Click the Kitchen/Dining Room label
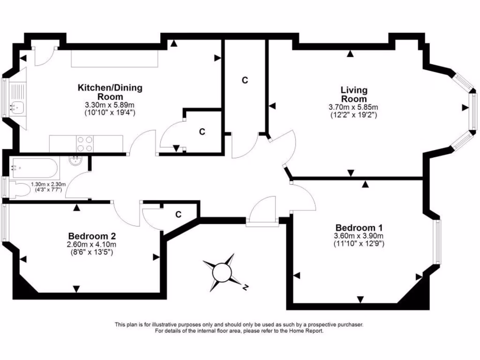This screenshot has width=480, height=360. (x=110, y=92)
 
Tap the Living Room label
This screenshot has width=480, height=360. (x=353, y=94)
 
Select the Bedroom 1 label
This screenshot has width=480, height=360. (x=359, y=227)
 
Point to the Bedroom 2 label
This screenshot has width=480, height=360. (x=92, y=236)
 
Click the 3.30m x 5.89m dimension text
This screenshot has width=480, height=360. (x=110, y=105)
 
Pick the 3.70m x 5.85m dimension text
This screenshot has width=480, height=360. (x=353, y=107)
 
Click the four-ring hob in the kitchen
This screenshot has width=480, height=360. (x=84, y=143)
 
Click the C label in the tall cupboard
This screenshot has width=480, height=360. (x=244, y=80)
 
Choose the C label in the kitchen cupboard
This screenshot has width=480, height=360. (x=202, y=132)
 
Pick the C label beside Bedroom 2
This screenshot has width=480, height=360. (x=178, y=215)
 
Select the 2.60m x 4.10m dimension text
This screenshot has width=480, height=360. (x=92, y=244)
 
